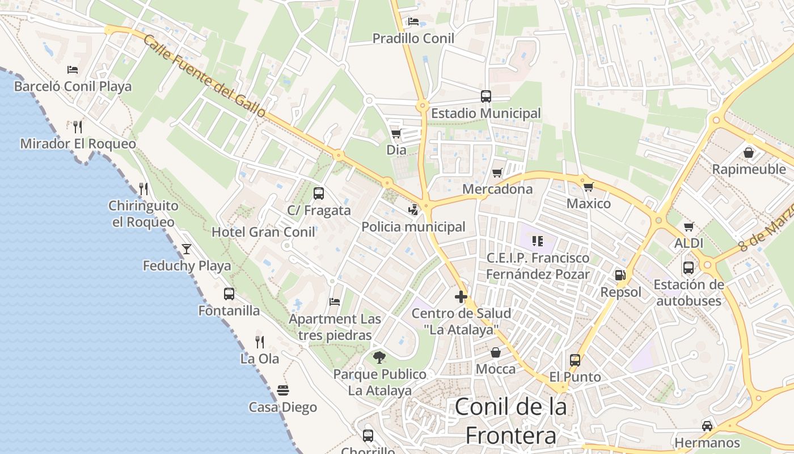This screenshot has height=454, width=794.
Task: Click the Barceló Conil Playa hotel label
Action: pos(73,86)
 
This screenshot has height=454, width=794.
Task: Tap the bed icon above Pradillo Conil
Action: pos(413,22)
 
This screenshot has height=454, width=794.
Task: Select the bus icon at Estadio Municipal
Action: pos(486,96)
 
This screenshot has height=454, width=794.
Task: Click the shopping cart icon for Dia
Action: pos(396,134)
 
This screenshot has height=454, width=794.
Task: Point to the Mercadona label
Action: pos(497,189)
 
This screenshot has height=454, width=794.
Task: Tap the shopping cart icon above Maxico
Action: pos(589,187)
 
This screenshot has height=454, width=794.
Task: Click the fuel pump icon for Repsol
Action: pos(620,275)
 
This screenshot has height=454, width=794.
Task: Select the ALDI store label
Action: pos(689,243)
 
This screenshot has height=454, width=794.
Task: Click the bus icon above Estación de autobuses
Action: pos(689,268)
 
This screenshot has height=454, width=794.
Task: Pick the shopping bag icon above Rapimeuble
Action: pos(749,153)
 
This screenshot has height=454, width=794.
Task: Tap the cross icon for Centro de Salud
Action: pos(461,297)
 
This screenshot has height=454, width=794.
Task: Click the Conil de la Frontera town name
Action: pos(510,421)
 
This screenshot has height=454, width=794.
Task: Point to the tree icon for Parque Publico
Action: pos(379,358)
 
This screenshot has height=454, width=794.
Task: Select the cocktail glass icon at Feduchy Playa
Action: pos(187,249)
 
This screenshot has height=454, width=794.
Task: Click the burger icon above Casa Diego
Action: pos(283,390)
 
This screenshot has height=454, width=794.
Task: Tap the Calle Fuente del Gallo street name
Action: pos(204,76)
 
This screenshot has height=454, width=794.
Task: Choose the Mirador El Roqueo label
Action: pos(78,144)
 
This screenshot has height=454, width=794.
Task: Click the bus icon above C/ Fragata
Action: pos(319,194)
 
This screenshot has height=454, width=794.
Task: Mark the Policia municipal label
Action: pos(413,227)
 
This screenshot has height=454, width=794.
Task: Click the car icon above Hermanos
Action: pos(707,426)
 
